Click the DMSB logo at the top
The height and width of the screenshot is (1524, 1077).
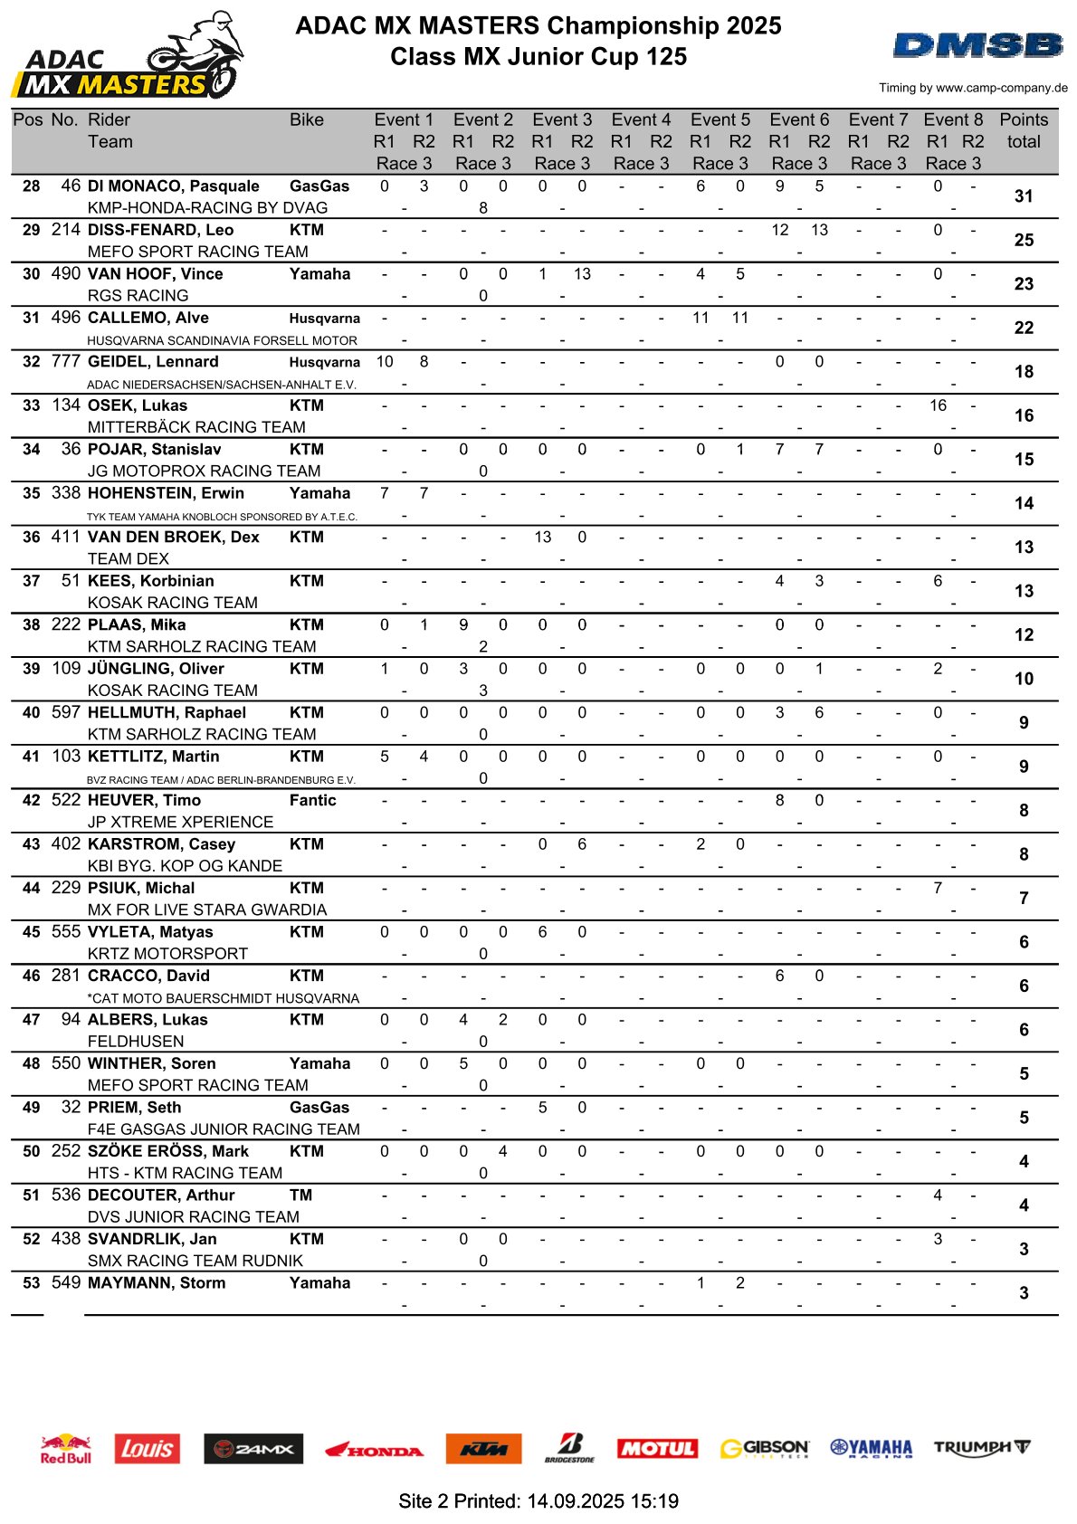point(978,45)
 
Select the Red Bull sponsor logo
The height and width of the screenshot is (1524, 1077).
point(66,1448)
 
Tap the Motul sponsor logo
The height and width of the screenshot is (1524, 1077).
point(657,1448)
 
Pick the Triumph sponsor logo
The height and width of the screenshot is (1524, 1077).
point(982,1447)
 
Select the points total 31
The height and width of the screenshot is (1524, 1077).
point(1024,196)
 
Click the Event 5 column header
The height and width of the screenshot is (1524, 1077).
point(720,119)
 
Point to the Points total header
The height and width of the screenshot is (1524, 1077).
point(1024,130)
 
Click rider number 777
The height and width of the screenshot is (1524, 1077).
point(66,361)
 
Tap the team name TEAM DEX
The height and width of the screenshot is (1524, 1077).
point(128,558)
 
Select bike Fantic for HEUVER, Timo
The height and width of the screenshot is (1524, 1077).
point(312,800)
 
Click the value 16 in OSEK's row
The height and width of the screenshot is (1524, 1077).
point(938,405)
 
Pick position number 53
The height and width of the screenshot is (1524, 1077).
point(32,1283)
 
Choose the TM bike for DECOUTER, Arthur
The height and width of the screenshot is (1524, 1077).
point(300,1195)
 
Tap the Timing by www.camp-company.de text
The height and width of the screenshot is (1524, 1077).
point(973,88)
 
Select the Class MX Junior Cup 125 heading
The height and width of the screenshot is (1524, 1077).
point(538,57)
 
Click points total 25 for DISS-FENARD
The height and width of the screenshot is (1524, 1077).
point(1024,240)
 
